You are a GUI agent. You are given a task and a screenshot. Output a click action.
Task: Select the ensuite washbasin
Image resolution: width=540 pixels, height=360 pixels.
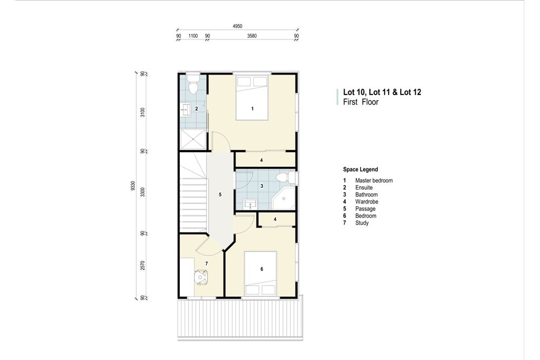[185, 108]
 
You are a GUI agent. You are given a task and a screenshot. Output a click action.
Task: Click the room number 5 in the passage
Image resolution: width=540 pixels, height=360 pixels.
[220, 194]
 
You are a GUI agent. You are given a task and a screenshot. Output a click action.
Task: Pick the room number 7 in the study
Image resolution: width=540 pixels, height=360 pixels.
[206, 263]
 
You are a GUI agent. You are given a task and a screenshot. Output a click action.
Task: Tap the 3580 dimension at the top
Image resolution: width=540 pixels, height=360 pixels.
[252, 36]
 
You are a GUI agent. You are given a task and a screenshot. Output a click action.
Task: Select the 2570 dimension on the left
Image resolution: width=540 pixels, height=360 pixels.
[143, 266]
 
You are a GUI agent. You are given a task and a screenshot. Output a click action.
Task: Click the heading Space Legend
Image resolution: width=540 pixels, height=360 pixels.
[360, 169]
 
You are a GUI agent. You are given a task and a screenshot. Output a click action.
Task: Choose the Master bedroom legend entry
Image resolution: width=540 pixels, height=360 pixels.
[374, 180]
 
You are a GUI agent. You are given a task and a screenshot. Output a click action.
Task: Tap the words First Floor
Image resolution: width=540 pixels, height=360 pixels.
[361, 102]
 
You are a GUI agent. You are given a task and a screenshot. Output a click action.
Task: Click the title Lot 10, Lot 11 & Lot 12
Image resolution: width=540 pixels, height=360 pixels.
[382, 92]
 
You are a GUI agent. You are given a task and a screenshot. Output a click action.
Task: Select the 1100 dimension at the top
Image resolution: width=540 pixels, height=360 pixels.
[193, 36]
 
